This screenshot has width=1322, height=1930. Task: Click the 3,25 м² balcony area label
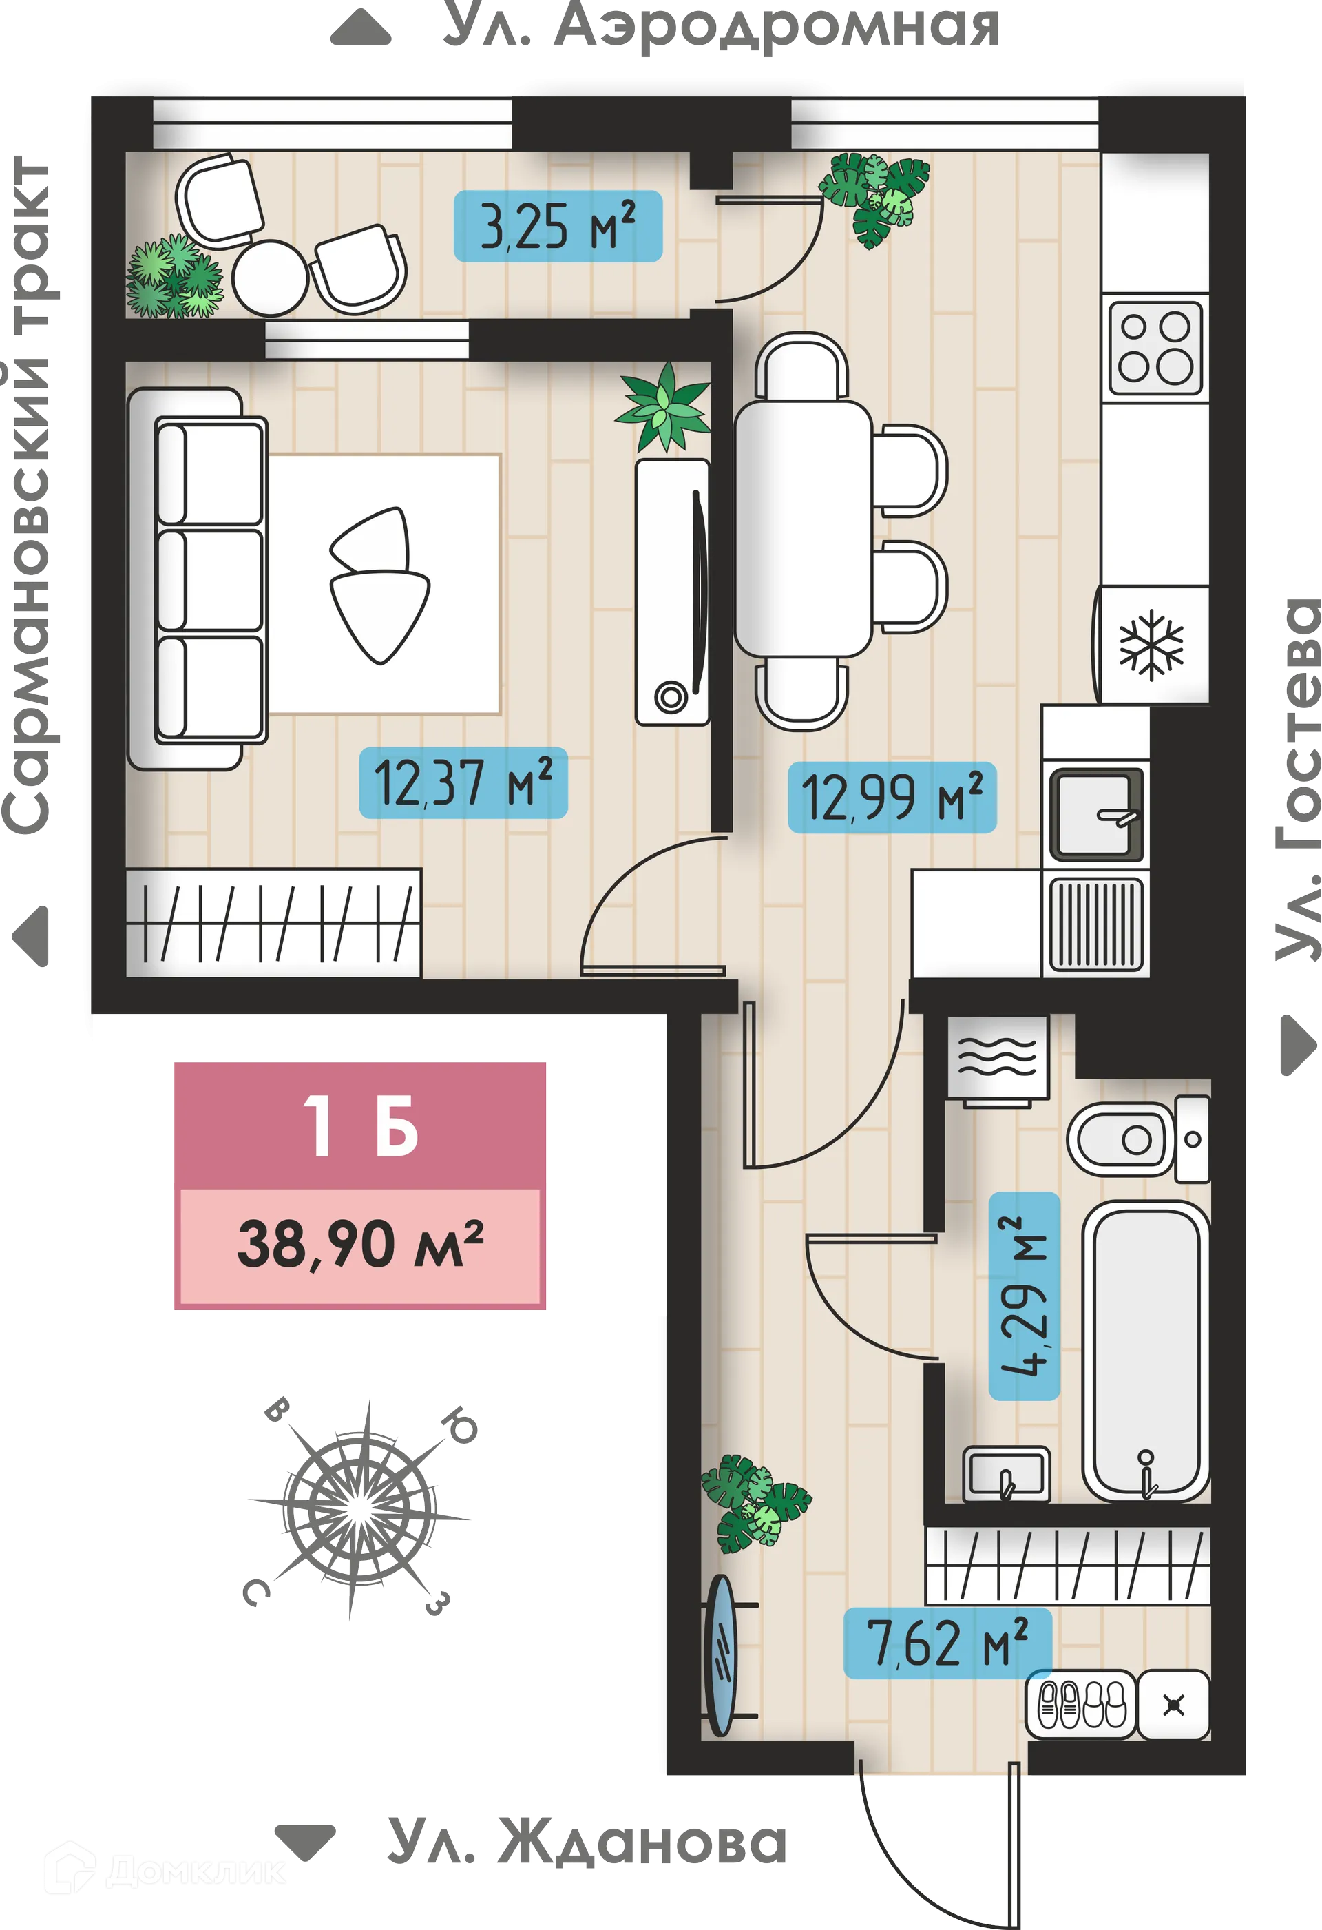click(557, 226)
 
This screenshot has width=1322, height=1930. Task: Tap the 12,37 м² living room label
click(463, 782)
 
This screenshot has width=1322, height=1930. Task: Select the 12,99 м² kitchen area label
click(891, 796)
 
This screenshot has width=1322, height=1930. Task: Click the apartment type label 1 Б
click(359, 1127)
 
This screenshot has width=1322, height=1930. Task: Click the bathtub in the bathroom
click(1145, 1349)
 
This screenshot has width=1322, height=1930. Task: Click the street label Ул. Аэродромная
click(721, 27)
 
